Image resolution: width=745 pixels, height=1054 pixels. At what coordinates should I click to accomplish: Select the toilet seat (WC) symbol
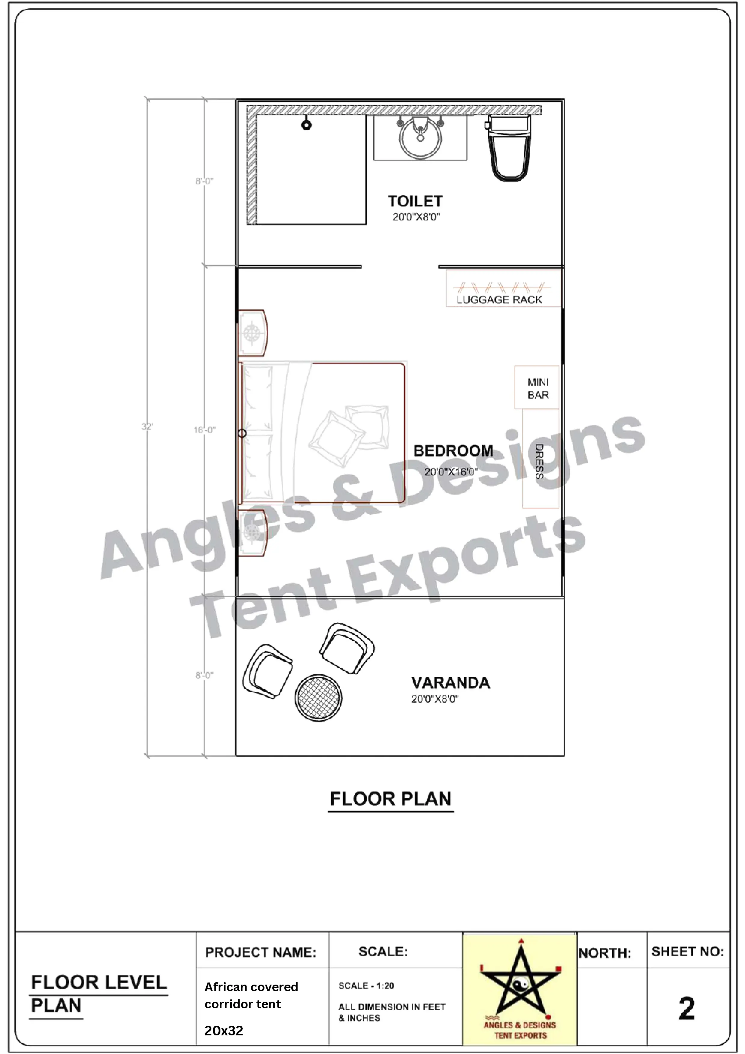pos(509,149)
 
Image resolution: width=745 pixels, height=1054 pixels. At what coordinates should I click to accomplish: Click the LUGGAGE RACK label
pos(499,300)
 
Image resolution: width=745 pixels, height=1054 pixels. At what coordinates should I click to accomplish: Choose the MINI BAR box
pos(537,388)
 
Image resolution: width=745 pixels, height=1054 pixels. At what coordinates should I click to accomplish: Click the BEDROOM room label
pos(453,451)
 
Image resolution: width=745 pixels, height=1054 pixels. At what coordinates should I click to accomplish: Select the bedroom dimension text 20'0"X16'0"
pos(450,472)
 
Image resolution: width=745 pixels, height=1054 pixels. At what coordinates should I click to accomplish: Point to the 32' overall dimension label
pos(147,427)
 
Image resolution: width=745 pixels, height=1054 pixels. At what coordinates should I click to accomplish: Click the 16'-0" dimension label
pos(204,430)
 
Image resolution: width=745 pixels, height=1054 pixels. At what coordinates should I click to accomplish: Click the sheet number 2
pos(687,1009)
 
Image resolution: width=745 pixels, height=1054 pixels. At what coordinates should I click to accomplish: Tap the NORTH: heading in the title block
pos(604,953)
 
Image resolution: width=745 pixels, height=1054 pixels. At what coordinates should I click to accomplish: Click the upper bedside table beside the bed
pos(252,333)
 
